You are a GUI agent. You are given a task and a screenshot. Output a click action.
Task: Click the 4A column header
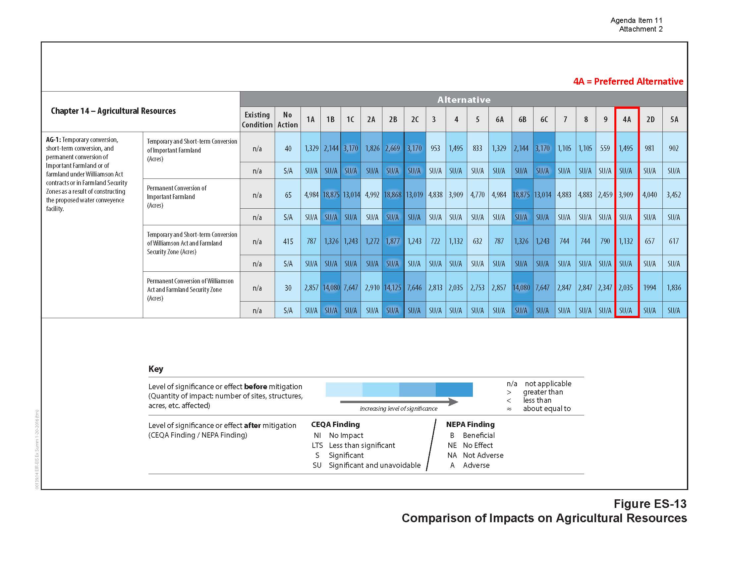[x=627, y=119]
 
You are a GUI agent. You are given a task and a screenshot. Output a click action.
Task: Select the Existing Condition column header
[x=257, y=119]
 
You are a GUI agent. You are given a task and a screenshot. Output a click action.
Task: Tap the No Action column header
[x=288, y=119]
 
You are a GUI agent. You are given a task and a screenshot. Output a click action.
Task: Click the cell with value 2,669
[x=393, y=148]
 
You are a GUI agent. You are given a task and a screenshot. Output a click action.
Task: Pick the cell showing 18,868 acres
[x=393, y=194]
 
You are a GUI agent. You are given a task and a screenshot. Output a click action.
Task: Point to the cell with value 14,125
[x=393, y=287]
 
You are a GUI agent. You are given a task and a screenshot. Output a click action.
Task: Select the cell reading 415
[x=288, y=241]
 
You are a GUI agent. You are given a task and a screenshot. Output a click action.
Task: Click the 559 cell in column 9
[x=605, y=148]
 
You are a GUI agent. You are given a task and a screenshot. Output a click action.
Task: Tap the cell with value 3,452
[x=674, y=194]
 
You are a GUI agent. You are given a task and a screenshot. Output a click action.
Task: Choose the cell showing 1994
[x=649, y=287]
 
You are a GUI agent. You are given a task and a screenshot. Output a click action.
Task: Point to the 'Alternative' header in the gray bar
[x=464, y=100]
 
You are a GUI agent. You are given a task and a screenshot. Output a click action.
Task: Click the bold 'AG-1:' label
[x=53, y=140]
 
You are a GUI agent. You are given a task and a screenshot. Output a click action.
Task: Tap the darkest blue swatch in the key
[x=454, y=389]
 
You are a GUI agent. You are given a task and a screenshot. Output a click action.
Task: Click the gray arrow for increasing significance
[x=399, y=402]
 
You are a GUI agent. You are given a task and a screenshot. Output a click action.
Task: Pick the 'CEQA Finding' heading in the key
[x=335, y=424]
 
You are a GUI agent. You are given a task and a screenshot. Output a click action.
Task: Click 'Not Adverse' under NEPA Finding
[x=483, y=455]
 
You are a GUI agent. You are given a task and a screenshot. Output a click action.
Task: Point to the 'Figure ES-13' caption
[x=650, y=504]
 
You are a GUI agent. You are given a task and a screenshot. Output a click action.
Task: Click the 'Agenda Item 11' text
[x=636, y=20]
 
